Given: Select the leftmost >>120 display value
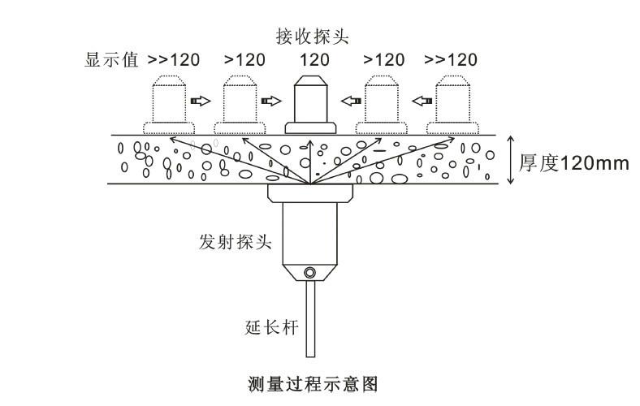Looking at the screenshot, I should pos(173,59).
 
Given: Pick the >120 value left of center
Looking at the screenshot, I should pos(244,59).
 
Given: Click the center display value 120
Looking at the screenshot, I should pos(314,59).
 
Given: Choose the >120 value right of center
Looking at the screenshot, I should pos(384,59).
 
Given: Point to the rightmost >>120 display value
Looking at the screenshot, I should pos(452,59).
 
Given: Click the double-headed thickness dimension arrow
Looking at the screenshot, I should pos(511,160).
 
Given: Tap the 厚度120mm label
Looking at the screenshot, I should pos(574,162).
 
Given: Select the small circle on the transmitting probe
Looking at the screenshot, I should pos(309,272).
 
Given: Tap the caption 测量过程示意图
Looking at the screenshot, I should pos(313,382).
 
